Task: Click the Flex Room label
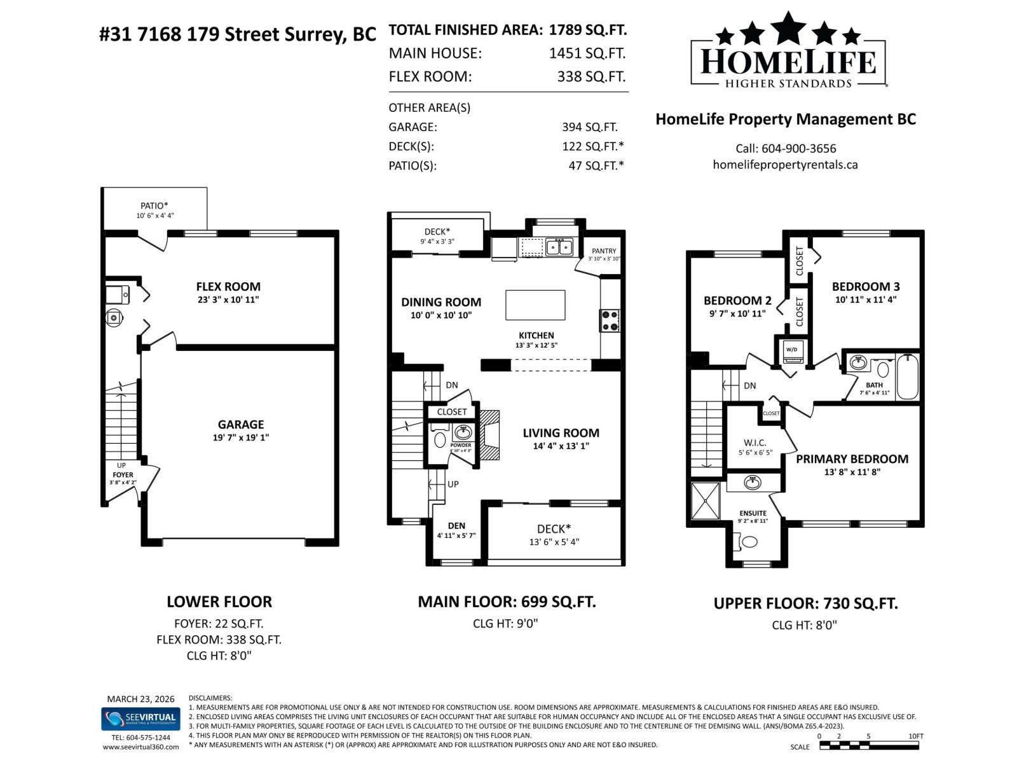(228, 286)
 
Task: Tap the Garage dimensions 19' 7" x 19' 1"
(241, 437)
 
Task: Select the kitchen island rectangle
(535, 305)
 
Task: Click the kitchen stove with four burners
(610, 320)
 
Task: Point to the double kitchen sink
(559, 246)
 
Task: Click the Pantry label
(603, 251)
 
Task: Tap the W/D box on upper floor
(791, 350)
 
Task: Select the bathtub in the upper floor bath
(907, 377)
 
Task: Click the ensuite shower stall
(706, 501)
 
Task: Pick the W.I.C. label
(754, 443)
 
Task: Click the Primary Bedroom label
(852, 458)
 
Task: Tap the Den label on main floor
(456, 525)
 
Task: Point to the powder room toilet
(439, 439)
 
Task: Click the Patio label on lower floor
(154, 205)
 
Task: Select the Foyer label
(123, 474)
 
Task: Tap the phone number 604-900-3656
(798, 148)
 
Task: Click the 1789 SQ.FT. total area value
(587, 30)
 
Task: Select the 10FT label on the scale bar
(915, 736)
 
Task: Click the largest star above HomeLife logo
(788, 27)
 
